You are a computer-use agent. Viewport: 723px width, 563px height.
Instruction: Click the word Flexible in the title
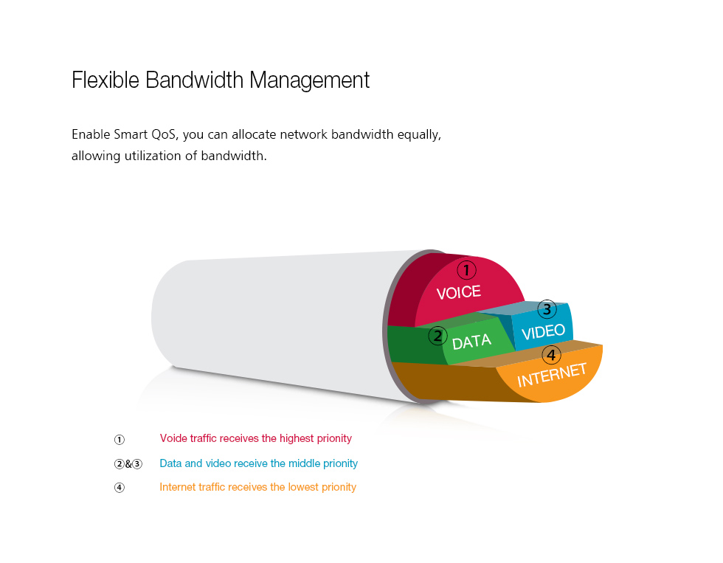105,80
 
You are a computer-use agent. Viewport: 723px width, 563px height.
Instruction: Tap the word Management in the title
309,81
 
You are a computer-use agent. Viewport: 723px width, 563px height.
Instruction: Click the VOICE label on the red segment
459,292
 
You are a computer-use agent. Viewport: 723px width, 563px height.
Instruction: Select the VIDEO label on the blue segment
543,331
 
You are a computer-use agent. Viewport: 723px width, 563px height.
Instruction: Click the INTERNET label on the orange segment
552,375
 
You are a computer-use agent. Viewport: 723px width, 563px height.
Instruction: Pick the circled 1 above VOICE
466,270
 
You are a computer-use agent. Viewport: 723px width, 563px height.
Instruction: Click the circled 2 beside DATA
437,336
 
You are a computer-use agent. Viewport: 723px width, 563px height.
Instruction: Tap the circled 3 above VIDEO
547,309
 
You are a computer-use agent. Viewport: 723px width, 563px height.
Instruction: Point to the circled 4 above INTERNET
552,355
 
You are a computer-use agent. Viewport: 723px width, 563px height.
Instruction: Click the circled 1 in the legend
120,440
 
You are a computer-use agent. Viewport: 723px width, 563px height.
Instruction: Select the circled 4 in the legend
120,488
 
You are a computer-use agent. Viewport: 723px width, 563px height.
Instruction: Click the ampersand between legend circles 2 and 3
128,464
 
